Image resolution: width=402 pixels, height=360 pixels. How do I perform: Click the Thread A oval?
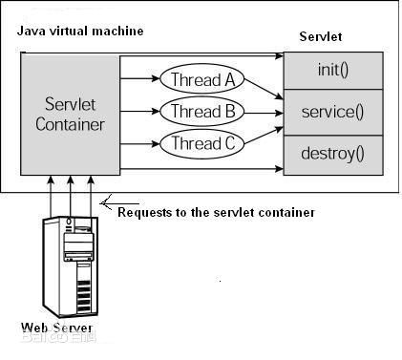click(202, 79)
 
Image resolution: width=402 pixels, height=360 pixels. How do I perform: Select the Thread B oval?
click(202, 112)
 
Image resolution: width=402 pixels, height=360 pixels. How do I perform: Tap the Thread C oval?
click(202, 144)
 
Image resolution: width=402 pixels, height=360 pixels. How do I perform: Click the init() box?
click(333, 71)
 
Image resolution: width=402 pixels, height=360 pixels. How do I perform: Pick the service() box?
click(333, 112)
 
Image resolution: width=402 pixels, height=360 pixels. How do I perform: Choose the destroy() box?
click(333, 153)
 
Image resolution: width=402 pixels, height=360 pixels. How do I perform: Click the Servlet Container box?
click(70, 114)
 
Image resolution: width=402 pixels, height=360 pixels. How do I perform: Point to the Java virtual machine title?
click(80, 32)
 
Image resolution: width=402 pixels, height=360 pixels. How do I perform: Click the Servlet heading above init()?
click(320, 36)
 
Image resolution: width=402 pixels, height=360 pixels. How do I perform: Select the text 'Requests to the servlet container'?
click(216, 212)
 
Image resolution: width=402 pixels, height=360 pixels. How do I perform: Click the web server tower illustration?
click(71, 266)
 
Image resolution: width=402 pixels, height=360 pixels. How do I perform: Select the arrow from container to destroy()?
click(201, 170)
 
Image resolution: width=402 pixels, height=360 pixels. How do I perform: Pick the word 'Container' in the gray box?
click(70, 124)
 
